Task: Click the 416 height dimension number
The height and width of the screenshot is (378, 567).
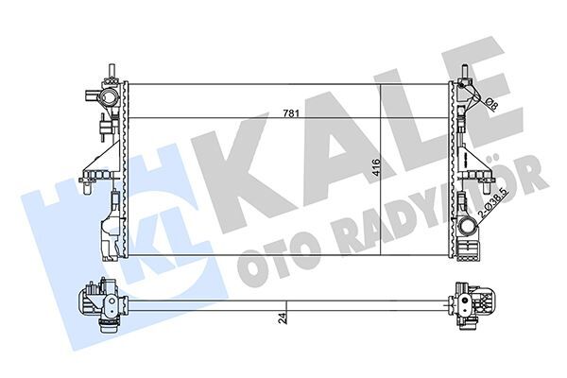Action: (x=376, y=169)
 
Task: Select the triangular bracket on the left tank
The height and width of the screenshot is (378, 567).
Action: (x=103, y=151)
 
